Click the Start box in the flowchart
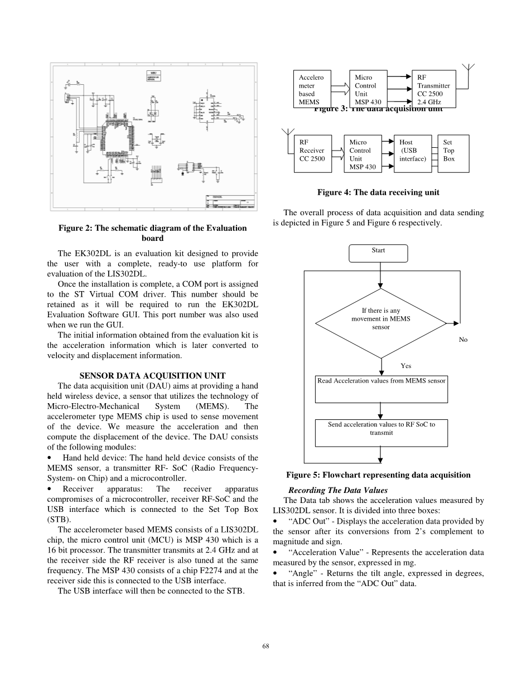click(378, 253)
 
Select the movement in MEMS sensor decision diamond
click(380, 323)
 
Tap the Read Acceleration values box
click(382, 389)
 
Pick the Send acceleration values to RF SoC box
click(382, 433)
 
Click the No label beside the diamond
click(463, 340)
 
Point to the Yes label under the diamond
click(406, 366)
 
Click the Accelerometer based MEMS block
click(312, 89)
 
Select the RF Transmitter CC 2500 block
click(433, 89)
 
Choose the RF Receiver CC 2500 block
click(312, 153)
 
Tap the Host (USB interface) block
click(413, 153)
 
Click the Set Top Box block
click(452, 153)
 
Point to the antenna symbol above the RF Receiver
click(288, 134)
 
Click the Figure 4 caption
click(378, 192)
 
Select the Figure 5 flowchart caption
click(378, 475)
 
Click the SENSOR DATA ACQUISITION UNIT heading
click(152, 375)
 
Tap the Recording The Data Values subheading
click(338, 490)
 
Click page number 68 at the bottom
click(265, 646)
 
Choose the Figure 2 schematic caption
click(152, 233)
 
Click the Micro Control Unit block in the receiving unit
click(363, 153)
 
